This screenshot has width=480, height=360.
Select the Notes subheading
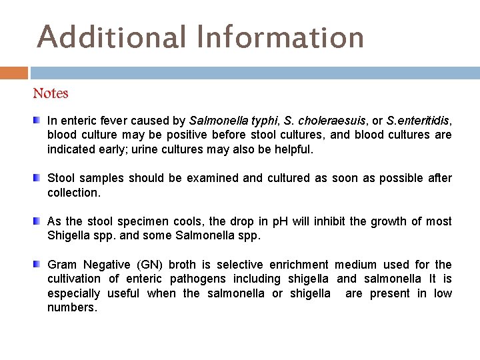tap(51, 93)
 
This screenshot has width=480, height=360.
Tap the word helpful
tap(291, 149)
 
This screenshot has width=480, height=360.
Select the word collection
tap(73, 192)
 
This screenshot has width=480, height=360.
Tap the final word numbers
tap(72, 307)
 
